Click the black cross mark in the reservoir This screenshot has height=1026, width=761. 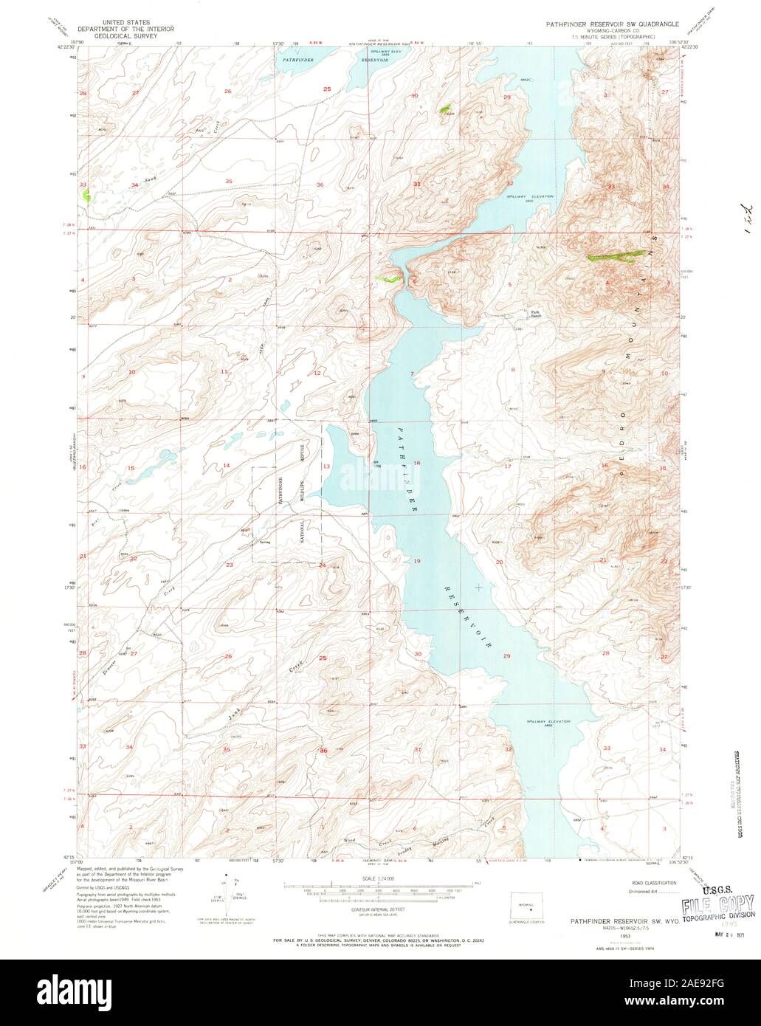[x=479, y=587]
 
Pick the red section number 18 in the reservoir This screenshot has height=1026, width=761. [x=417, y=463]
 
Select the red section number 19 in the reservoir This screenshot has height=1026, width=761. [x=417, y=562]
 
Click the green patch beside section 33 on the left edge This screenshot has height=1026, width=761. [x=87, y=196]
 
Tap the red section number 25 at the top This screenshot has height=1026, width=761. [x=326, y=89]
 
